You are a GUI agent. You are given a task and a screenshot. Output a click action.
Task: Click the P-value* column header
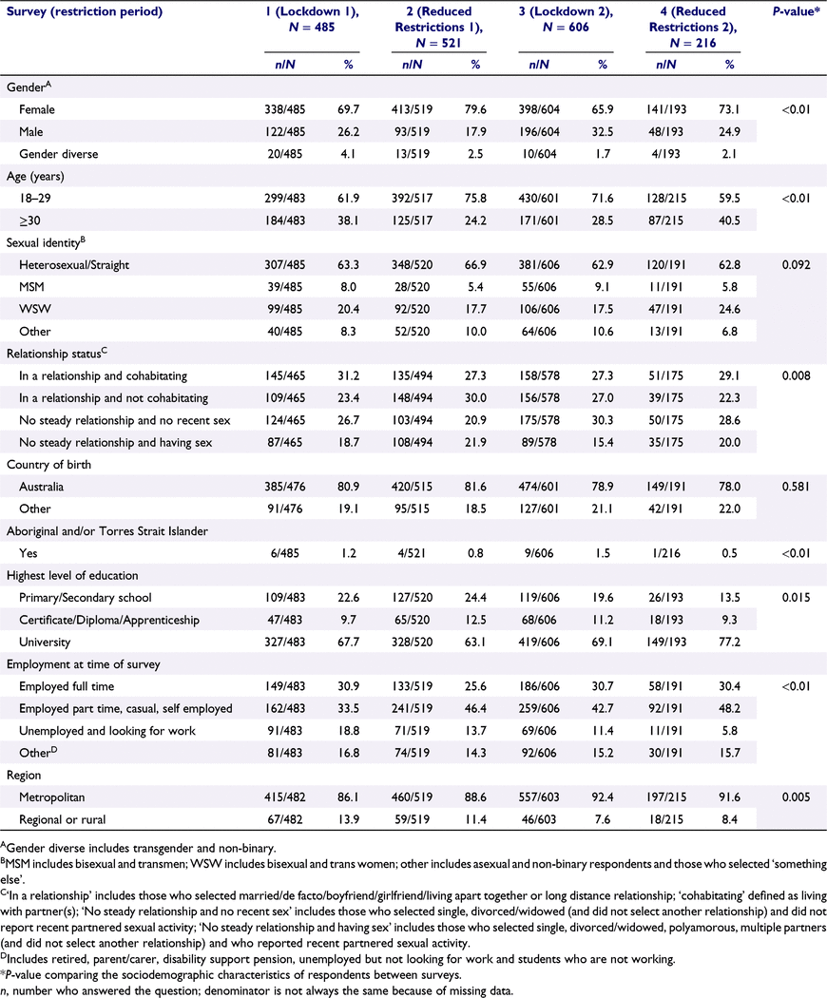[x=796, y=10]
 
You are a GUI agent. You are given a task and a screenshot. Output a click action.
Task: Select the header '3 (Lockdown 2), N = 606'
[x=566, y=19]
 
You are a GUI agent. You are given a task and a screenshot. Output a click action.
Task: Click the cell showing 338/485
[x=284, y=109]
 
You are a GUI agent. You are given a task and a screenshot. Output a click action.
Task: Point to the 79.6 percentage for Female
[x=475, y=109]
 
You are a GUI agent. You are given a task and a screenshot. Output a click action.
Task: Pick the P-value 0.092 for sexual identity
[x=796, y=265]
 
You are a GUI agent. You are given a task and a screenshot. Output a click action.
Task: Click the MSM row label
[x=31, y=287]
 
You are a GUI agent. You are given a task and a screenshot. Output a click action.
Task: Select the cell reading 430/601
[x=539, y=199]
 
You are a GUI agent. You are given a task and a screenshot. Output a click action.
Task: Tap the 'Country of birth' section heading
[x=49, y=465]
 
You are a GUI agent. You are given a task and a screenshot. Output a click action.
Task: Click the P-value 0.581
[x=796, y=487]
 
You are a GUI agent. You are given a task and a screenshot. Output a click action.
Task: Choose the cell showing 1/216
[x=666, y=553]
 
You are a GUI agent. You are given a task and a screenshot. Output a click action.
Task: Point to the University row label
[x=45, y=643]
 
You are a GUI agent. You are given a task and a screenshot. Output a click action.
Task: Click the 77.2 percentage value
[x=730, y=643]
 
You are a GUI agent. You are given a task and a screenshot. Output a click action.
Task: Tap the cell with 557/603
[x=539, y=797]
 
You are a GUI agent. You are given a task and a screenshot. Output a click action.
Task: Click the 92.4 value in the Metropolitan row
[x=603, y=797]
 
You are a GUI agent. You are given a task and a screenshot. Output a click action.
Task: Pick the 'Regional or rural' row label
[x=63, y=819]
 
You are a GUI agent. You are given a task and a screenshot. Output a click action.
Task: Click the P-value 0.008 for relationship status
[x=796, y=375]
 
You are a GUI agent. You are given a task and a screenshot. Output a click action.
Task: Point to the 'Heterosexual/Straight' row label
[x=74, y=265]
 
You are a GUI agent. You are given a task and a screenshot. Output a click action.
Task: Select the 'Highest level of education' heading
[x=72, y=575]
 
